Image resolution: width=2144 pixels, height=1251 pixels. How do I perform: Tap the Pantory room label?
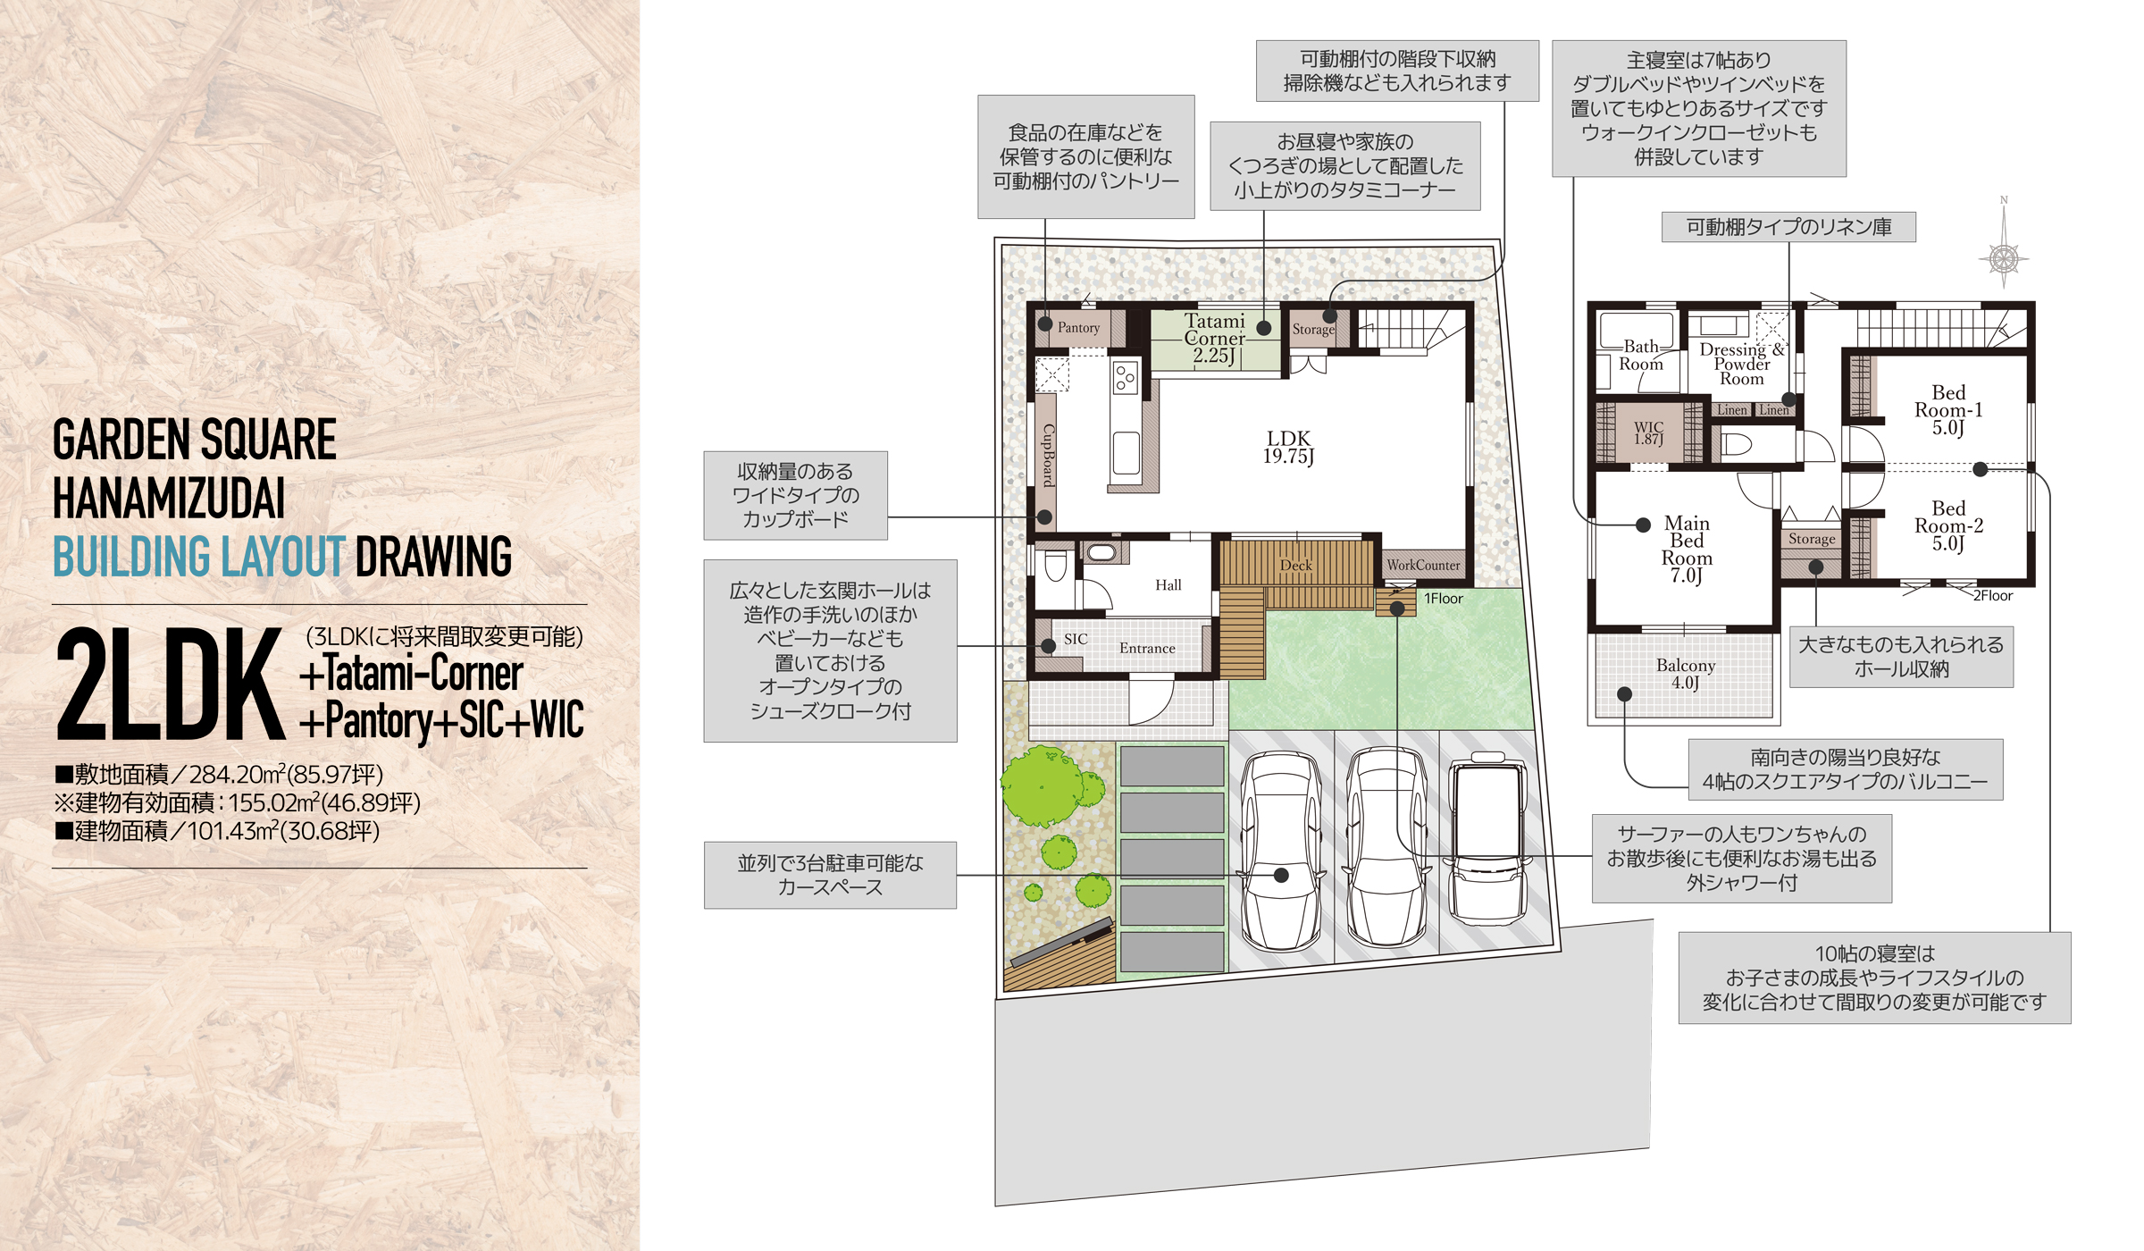pyautogui.click(x=1078, y=328)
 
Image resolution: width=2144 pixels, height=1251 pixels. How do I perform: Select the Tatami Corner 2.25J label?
pyautogui.click(x=1215, y=339)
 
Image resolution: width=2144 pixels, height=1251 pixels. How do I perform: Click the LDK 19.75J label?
pyautogui.click(x=1288, y=447)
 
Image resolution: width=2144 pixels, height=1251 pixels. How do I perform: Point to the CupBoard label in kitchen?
pyautogui.click(x=1049, y=455)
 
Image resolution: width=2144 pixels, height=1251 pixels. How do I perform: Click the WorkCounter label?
pyautogui.click(x=1423, y=565)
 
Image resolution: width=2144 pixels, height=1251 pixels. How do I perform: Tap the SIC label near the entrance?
pyautogui.click(x=1076, y=639)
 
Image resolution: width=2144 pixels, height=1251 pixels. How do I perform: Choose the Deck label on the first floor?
pyautogui.click(x=1295, y=565)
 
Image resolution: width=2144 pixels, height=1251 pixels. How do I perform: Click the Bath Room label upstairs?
pyautogui.click(x=1641, y=355)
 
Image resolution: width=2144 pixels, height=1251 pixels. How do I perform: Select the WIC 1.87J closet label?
pyautogui.click(x=1648, y=432)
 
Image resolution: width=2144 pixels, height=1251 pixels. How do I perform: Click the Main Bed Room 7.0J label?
pyautogui.click(x=1687, y=549)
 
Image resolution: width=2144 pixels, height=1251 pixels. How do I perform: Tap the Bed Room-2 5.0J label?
pyautogui.click(x=1948, y=525)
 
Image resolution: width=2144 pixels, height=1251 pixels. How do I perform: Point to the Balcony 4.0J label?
pyautogui.click(x=1686, y=674)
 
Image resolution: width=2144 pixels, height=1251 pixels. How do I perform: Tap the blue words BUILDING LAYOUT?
pyautogui.click(x=199, y=557)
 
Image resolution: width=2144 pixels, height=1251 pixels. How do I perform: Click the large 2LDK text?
pyautogui.click(x=170, y=684)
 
